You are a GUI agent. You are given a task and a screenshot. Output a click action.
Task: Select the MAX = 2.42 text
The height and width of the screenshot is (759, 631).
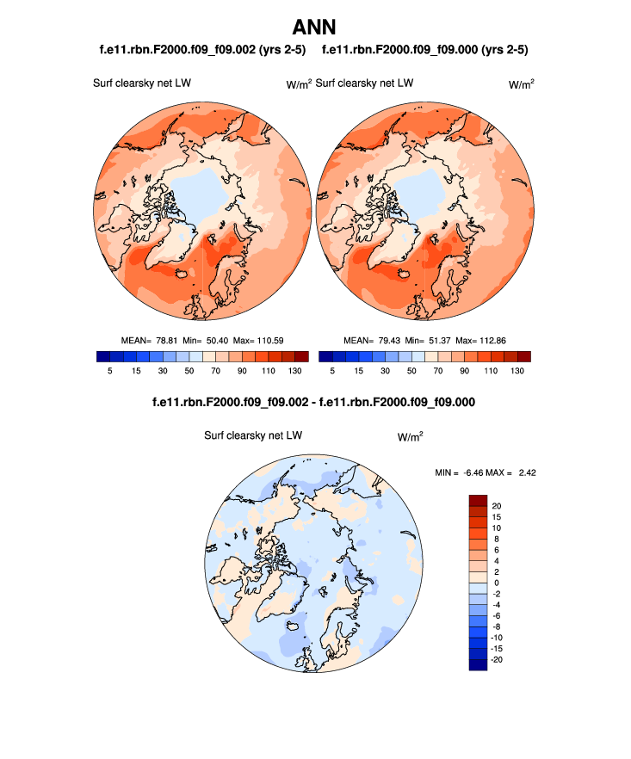(x=517, y=472)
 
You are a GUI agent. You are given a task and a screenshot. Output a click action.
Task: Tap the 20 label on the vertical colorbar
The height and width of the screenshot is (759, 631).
(x=497, y=505)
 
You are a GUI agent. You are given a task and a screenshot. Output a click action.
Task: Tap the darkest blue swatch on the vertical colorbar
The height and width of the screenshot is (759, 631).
(x=478, y=664)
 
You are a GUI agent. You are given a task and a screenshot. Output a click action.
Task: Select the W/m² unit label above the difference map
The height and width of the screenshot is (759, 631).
(x=410, y=436)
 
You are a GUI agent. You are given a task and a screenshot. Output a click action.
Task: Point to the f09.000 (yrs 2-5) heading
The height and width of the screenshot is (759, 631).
(x=424, y=50)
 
